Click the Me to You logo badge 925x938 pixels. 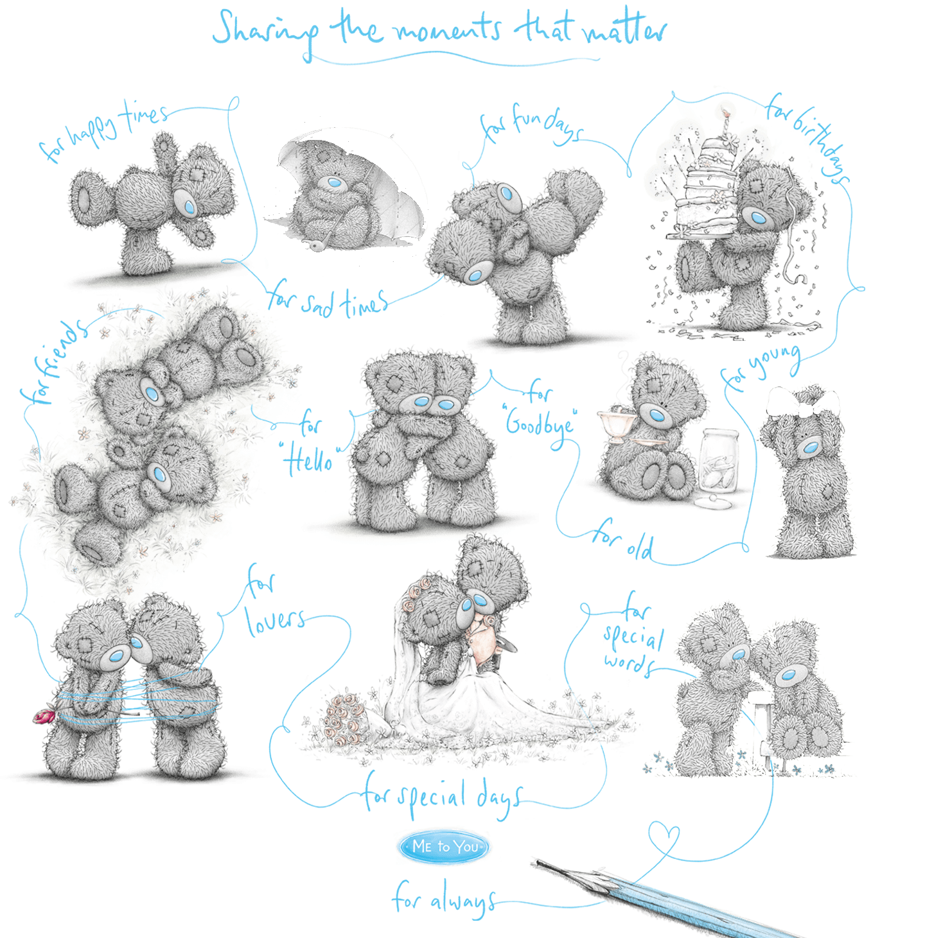443,846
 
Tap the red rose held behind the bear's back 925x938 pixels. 44,716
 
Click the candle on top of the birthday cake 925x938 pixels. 726,124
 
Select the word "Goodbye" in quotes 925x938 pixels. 539,424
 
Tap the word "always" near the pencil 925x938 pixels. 462,901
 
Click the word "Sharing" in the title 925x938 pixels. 265,31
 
